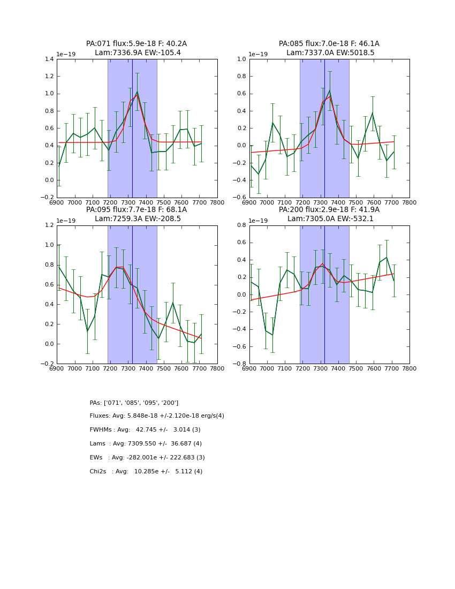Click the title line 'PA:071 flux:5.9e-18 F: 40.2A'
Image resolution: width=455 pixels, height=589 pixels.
pyautogui.click(x=136, y=44)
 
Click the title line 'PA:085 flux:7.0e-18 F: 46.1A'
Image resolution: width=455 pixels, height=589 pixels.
pyautogui.click(x=329, y=44)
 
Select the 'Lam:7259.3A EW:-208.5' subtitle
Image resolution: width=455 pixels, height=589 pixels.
pyautogui.click(x=136, y=219)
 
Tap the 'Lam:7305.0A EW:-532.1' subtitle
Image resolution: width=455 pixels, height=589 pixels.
pyautogui.click(x=329, y=219)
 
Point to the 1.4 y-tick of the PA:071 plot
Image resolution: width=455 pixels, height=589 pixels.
pyautogui.click(x=49, y=59)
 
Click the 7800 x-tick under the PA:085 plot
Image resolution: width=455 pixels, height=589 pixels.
pyautogui.click(x=409, y=202)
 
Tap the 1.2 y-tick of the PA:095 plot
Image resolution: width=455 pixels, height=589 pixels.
pyautogui.click(x=49, y=225)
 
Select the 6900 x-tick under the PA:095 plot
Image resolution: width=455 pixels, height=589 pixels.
pyautogui.click(x=57, y=368)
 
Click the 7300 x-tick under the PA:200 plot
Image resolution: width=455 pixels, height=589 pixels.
pyautogui.click(x=320, y=368)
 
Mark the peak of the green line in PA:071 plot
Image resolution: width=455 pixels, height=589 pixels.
pyautogui.click(x=137, y=92)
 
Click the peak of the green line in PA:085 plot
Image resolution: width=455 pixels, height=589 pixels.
pyautogui.click(x=330, y=90)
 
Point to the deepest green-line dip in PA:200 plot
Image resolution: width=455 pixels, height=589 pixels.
pyautogui.click(x=272, y=335)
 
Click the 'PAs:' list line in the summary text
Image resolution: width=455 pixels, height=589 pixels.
pyautogui.click(x=134, y=403)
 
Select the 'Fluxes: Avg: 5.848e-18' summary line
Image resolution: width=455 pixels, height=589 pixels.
pyautogui.click(x=157, y=416)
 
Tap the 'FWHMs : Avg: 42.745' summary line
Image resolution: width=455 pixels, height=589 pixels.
pyautogui.click(x=145, y=430)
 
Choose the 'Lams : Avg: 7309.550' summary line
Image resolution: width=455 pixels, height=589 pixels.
pyautogui.click(x=146, y=444)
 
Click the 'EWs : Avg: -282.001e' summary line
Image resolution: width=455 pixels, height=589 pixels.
pyautogui.click(x=147, y=458)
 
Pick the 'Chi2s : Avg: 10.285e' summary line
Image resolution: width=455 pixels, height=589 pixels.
pyautogui.click(x=146, y=472)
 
